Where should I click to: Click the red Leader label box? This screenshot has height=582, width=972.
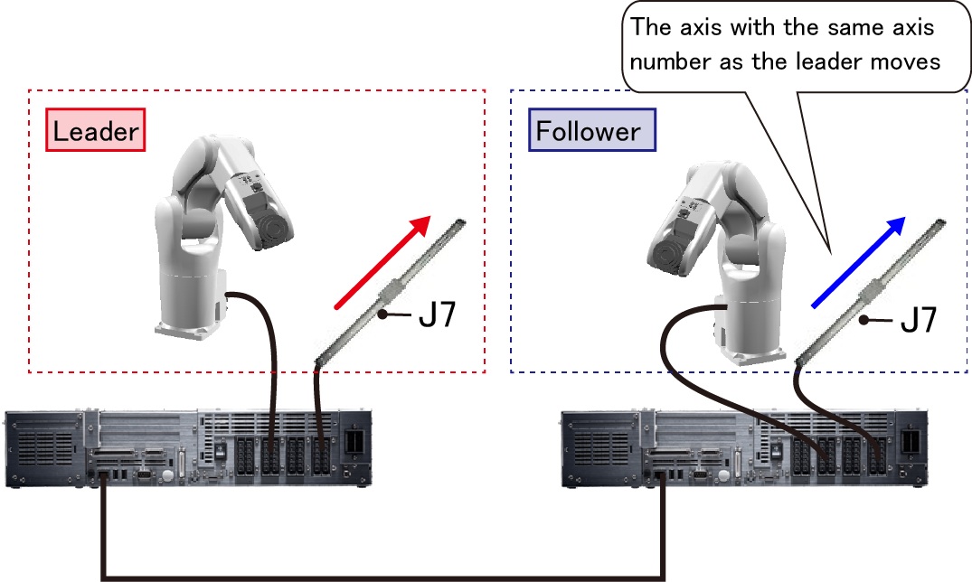click(96, 132)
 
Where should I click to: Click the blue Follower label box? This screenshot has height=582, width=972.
click(589, 132)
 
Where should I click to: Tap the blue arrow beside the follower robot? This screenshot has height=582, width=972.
click(857, 262)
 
